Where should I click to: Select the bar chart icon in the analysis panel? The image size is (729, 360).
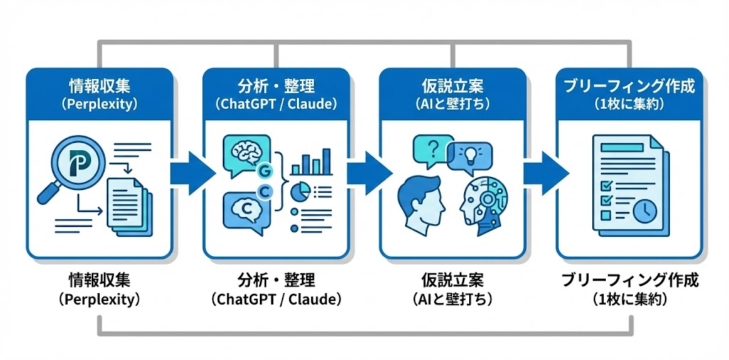(x=310, y=162)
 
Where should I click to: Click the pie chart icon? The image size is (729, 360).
(x=301, y=191)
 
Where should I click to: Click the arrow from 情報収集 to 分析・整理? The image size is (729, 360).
(x=189, y=171)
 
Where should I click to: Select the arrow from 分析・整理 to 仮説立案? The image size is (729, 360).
(x=366, y=171)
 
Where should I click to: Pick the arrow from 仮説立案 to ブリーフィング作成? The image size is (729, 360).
(x=542, y=171)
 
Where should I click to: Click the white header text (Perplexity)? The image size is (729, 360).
(x=99, y=104)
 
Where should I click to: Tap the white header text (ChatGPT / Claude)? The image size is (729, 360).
(x=276, y=104)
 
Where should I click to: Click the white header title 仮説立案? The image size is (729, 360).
(x=453, y=87)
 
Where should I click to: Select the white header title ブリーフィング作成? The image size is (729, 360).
(x=629, y=87)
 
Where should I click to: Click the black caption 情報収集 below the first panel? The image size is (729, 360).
(x=99, y=279)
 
